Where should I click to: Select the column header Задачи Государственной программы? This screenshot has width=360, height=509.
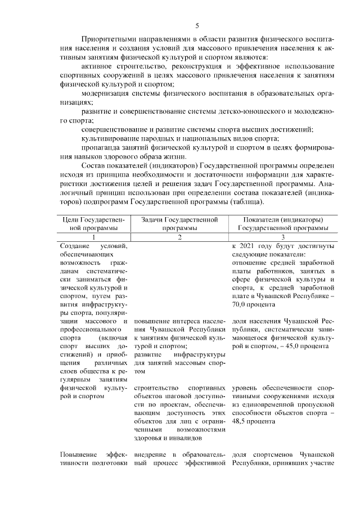[x=179, y=224]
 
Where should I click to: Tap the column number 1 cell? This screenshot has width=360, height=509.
[x=93, y=238]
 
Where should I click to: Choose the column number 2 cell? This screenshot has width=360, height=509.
[x=179, y=238]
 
